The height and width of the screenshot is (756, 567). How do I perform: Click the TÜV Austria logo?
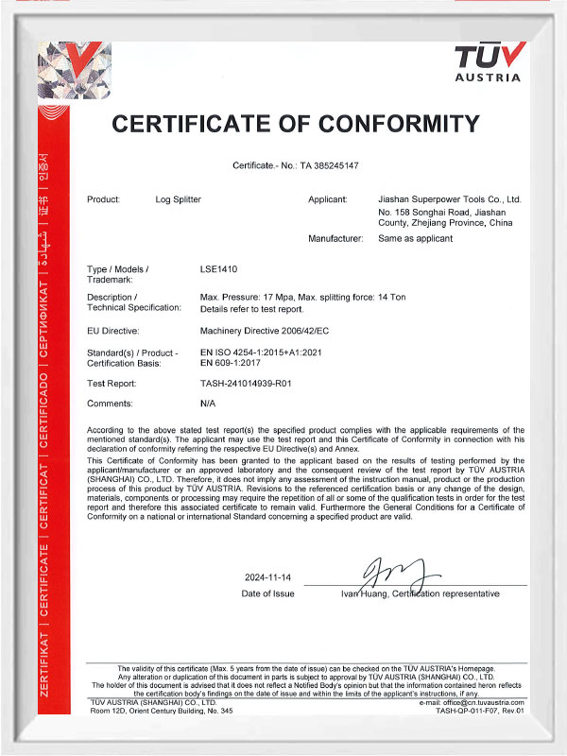[488, 63]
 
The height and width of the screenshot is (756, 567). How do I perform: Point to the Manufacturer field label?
[335, 238]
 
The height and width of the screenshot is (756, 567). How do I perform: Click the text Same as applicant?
[415, 238]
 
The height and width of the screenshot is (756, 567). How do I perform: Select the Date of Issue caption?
[268, 593]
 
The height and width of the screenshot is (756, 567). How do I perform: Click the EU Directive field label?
[112, 331]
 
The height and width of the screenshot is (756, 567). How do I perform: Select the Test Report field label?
[112, 384]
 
